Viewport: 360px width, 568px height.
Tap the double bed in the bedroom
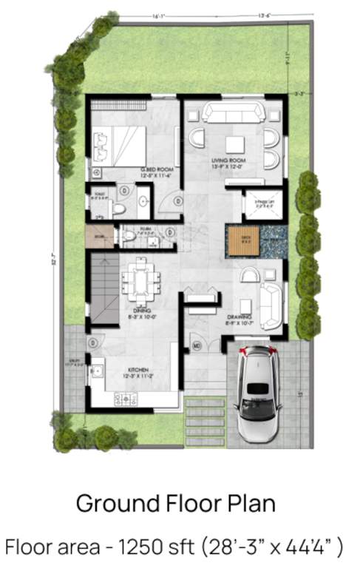coord(120,144)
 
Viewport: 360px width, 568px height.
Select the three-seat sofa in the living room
coord(231,112)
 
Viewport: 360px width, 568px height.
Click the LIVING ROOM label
coord(228,160)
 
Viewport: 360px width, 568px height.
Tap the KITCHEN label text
coord(139,368)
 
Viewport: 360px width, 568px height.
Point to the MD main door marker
coord(197,345)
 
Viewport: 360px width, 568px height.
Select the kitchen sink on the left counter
coord(95,371)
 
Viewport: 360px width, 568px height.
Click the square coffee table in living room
coord(234,143)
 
